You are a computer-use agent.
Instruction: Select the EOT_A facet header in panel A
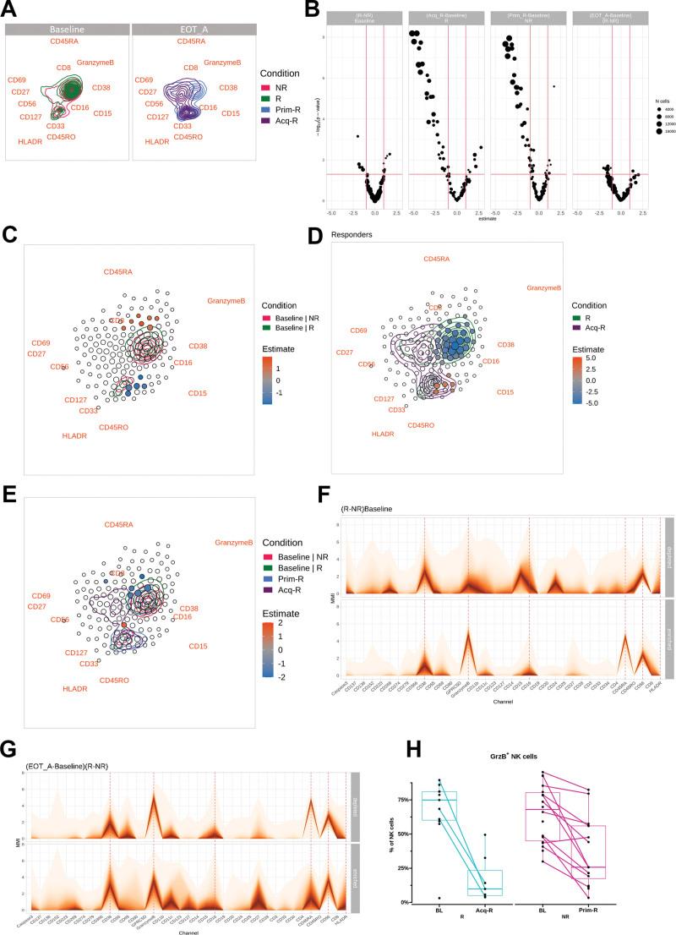[x=194, y=30]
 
